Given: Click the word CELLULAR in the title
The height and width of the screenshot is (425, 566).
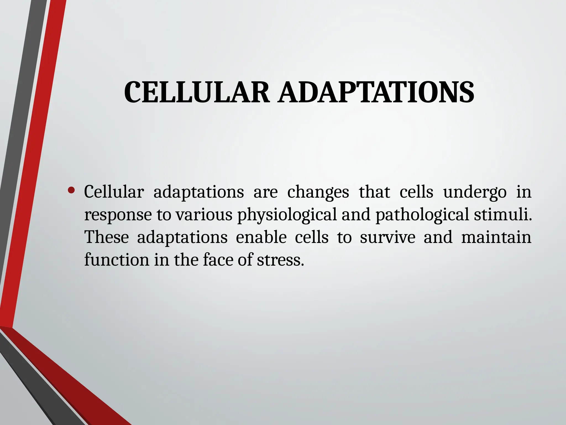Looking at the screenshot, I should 197,92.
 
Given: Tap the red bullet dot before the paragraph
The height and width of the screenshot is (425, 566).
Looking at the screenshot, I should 71,190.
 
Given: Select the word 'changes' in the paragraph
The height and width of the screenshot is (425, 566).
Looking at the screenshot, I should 318,192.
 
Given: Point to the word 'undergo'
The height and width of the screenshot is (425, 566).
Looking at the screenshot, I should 475,192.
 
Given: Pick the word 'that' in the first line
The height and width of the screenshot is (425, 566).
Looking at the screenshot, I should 374,192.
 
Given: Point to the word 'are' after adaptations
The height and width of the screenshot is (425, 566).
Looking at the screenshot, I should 265,192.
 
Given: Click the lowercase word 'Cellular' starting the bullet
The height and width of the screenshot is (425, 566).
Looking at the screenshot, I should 114,192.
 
